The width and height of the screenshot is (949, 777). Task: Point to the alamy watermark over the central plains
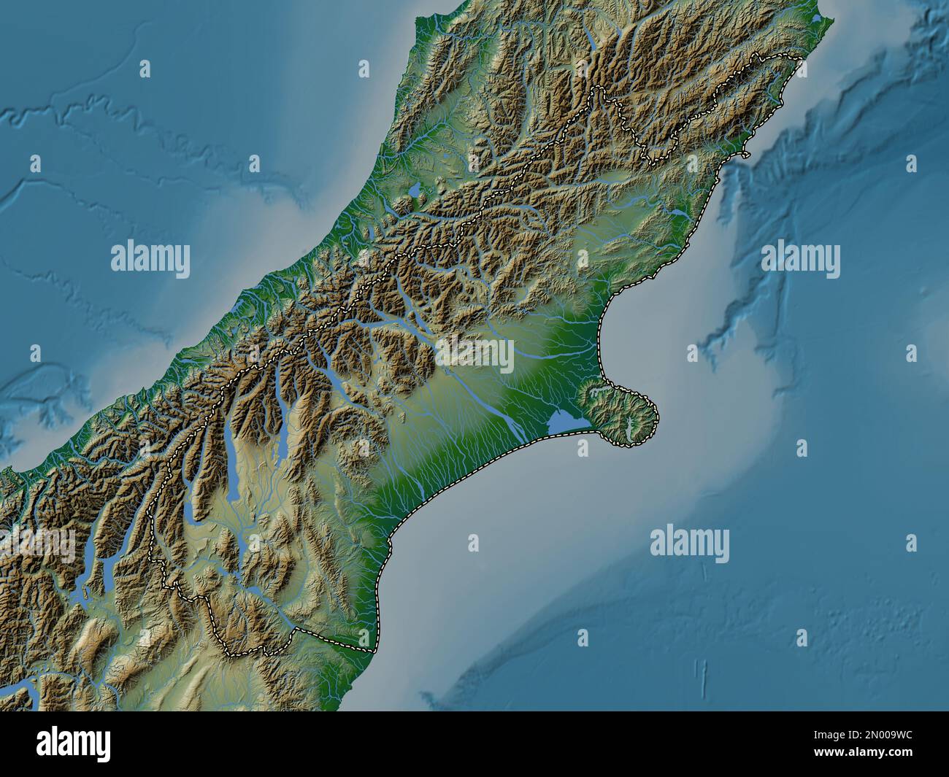[x=474, y=354]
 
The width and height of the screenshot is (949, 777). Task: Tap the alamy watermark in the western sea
[x=150, y=259]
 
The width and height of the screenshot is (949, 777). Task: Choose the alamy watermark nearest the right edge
[x=800, y=259]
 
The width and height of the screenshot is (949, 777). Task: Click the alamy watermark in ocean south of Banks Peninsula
[x=689, y=544]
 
